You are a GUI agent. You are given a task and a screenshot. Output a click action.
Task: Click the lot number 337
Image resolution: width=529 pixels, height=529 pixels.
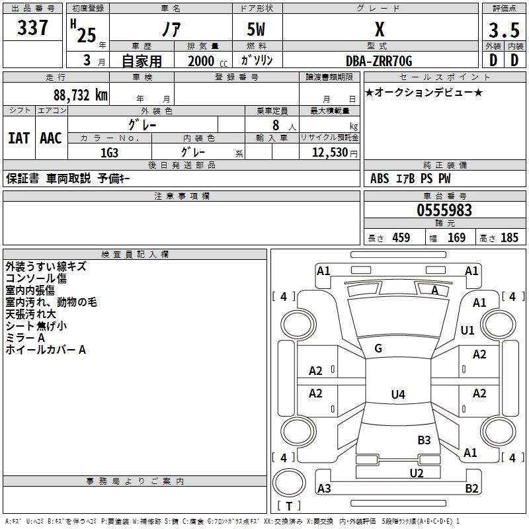coord(32,28)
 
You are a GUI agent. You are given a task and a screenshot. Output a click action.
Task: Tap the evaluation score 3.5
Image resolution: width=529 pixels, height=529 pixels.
coord(503,30)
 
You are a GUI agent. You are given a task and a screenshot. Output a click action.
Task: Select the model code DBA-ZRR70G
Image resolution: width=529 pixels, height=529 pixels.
coord(379,61)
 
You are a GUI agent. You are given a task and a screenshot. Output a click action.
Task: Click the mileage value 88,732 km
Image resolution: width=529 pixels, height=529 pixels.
coord(80,95)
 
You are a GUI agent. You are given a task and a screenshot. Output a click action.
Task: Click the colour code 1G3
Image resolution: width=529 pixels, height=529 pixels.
coord(109,152)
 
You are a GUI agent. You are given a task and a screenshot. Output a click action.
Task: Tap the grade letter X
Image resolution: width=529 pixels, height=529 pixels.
coord(379,29)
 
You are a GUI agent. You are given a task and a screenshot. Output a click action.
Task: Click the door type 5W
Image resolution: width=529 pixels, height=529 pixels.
coord(257,30)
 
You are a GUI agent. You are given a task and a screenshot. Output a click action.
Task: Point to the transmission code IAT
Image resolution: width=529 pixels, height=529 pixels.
coord(19,138)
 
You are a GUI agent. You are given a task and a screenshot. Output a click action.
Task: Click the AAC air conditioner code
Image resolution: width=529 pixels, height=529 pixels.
coord(51,138)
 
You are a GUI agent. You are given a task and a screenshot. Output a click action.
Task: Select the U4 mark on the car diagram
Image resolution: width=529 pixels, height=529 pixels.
coord(397,395)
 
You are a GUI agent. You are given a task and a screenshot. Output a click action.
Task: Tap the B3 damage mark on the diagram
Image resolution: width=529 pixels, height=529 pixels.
coord(424,440)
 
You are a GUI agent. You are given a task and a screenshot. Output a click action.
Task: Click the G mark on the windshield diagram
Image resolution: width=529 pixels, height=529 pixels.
coord(378,348)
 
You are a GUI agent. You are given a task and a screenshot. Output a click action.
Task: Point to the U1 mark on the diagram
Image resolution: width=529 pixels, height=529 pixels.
coord(468,330)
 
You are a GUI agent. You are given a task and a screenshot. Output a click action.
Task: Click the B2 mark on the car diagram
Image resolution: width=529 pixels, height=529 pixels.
coord(471,489)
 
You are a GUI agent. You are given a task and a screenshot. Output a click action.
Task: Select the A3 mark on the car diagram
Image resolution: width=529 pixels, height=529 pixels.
coord(324,489)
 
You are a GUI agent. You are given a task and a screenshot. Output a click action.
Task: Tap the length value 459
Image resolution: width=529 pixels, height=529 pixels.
coord(401,238)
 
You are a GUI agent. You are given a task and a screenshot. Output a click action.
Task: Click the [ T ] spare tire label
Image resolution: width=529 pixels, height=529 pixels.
coord(288,507)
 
